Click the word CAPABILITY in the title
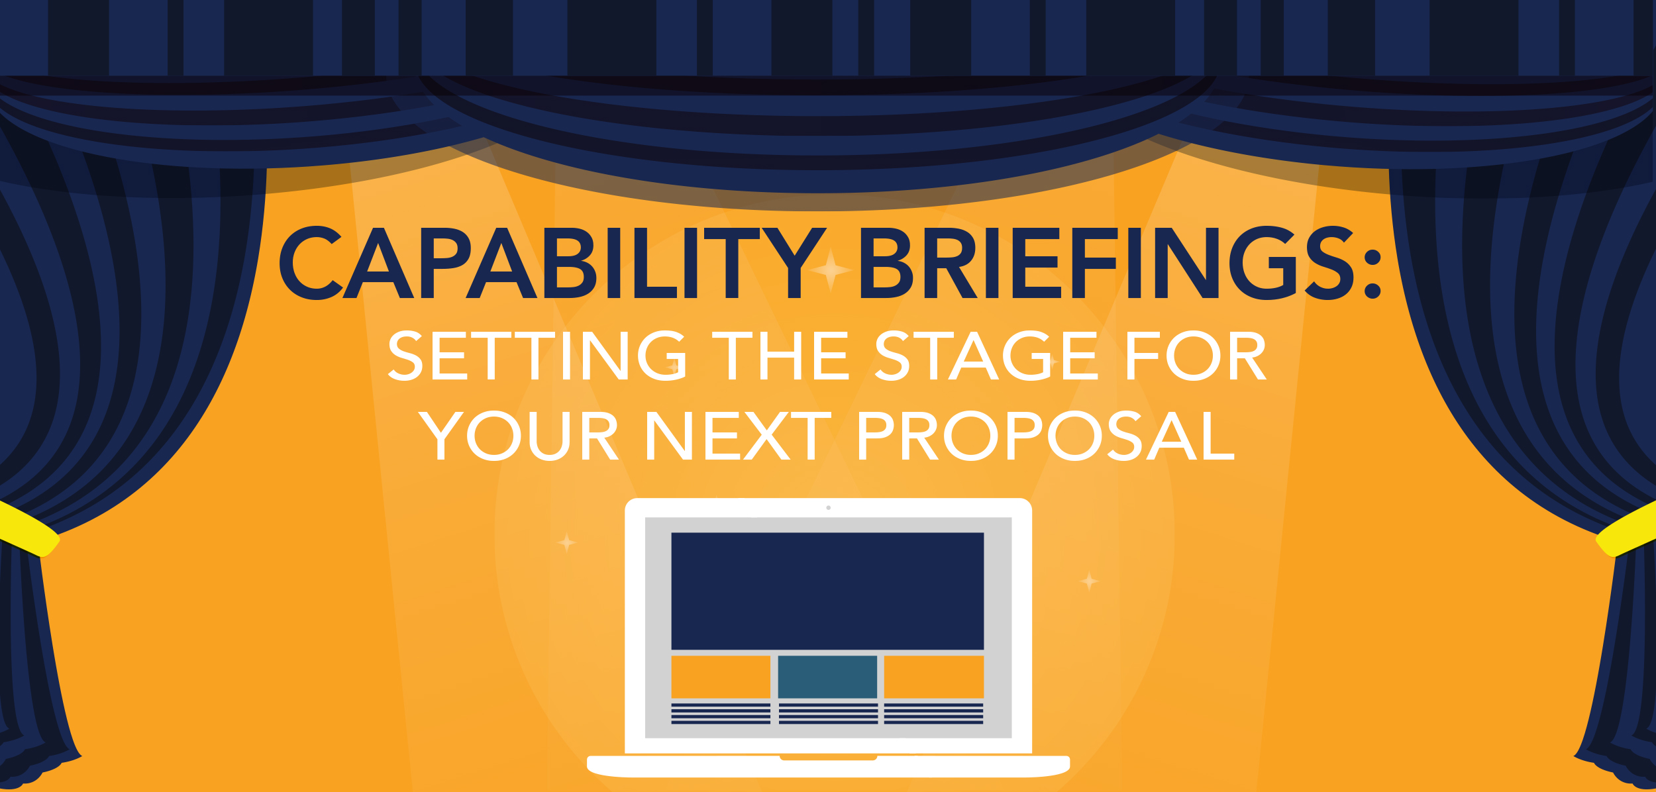point(552,263)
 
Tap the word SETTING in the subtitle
point(537,356)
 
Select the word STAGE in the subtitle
point(987,356)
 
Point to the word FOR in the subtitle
point(1197,356)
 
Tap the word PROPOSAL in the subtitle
point(1047,435)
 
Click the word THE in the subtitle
point(780,356)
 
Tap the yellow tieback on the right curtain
point(1627,530)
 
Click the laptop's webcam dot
point(829,508)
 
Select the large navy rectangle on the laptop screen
point(827,591)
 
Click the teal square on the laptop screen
point(827,677)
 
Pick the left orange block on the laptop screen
point(721,677)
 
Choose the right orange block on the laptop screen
point(934,677)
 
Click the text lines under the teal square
point(828,714)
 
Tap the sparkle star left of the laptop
point(567,543)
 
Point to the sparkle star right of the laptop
point(1089,581)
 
